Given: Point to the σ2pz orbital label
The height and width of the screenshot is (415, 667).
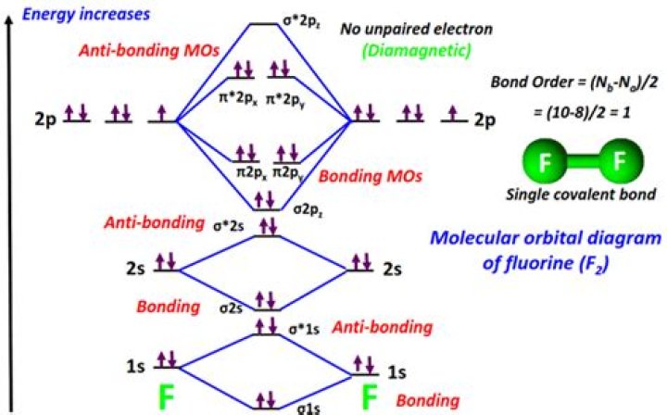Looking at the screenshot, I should pos(308,211).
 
